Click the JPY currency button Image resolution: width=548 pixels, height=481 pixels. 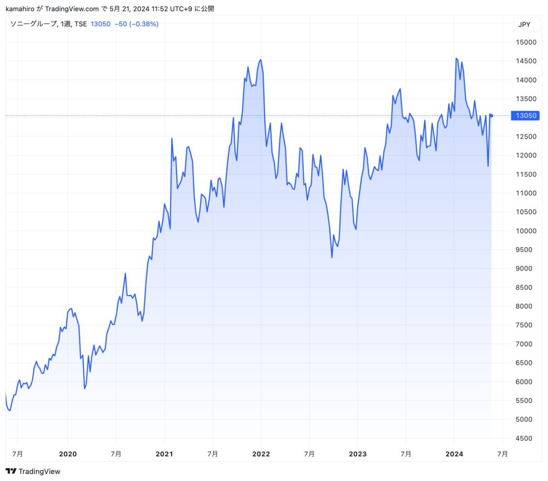(523, 25)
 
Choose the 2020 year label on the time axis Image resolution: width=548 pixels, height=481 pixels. (67, 454)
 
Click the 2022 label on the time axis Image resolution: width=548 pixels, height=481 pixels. (261, 454)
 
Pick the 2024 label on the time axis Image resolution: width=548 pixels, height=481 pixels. (454, 454)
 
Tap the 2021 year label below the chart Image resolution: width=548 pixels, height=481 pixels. (164, 454)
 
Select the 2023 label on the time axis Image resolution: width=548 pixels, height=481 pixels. (357, 454)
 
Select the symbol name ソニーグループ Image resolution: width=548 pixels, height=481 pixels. (34, 24)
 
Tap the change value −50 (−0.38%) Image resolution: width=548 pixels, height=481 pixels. (136, 24)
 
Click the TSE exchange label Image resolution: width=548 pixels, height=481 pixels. (81, 24)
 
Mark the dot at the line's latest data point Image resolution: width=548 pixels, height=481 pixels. (492, 115)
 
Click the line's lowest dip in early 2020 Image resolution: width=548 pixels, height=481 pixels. (84, 389)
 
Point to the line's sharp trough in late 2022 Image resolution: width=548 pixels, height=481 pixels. (332, 257)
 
